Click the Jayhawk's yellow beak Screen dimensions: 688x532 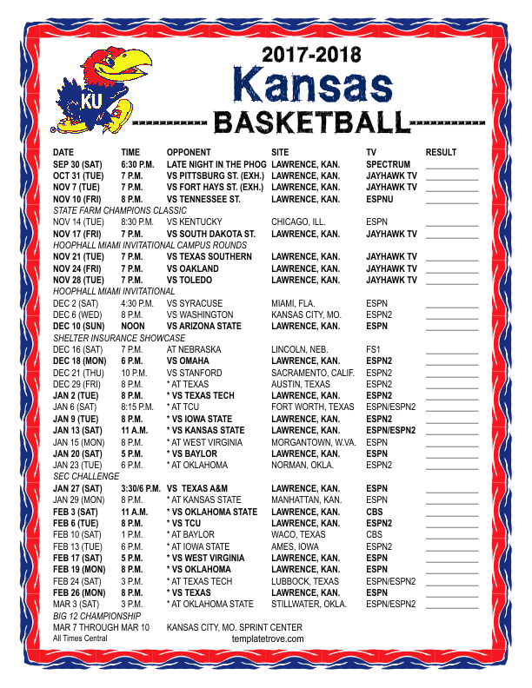coord(130,63)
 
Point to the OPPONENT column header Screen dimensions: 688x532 coord(189,153)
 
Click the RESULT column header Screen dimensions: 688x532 coord(441,153)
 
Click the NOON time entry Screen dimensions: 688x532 coord(133,327)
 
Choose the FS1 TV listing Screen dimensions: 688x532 coord(373,349)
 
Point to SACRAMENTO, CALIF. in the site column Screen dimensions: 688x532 coord(312,372)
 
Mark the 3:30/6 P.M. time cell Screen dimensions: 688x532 coord(141,489)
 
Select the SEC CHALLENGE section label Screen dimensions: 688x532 coord(84,477)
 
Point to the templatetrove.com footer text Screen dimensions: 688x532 coord(268,638)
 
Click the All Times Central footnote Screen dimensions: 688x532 coord(80,638)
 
